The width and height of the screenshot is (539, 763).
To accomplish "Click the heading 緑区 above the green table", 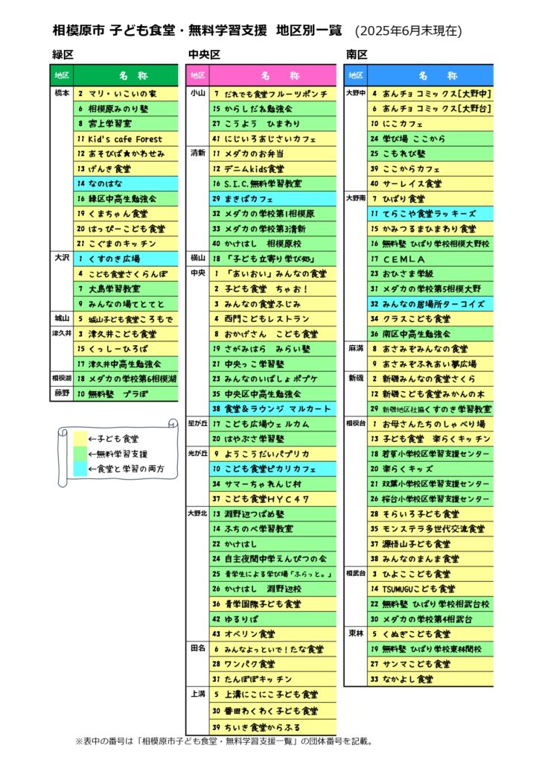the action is pyautogui.click(x=63, y=54).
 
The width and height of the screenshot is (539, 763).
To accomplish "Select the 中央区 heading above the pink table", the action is pyautogui.click(x=204, y=54).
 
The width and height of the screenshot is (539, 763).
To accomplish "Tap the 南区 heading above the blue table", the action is pyautogui.click(x=357, y=54).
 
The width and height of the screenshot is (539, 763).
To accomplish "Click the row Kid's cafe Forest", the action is pyautogui.click(x=126, y=139).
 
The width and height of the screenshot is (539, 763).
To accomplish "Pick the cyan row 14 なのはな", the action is pyautogui.click(x=126, y=183).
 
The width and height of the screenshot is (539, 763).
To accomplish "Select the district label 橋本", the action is pyautogui.click(x=62, y=93).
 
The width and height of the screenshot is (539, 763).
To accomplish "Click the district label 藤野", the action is pyautogui.click(x=62, y=393).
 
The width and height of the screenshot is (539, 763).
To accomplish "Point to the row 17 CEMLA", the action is pyautogui.click(x=430, y=259).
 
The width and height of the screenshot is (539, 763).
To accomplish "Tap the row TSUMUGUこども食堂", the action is pyautogui.click(x=430, y=589).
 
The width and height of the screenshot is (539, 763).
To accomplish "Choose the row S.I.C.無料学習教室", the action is pyautogui.click(x=273, y=183).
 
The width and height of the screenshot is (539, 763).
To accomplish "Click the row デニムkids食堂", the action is pyautogui.click(x=273, y=169).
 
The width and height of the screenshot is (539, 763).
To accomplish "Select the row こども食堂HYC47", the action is pyautogui.click(x=273, y=498).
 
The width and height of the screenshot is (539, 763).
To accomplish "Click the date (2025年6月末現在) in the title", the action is pyautogui.click(x=408, y=31).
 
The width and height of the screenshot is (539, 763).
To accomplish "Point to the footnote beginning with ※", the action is pyautogui.click(x=224, y=741).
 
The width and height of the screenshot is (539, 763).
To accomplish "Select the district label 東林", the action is pyautogui.click(x=356, y=633).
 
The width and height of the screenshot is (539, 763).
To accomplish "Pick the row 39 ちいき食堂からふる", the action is pyautogui.click(x=273, y=727).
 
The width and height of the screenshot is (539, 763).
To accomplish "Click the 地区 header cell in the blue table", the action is pyautogui.click(x=356, y=75).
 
